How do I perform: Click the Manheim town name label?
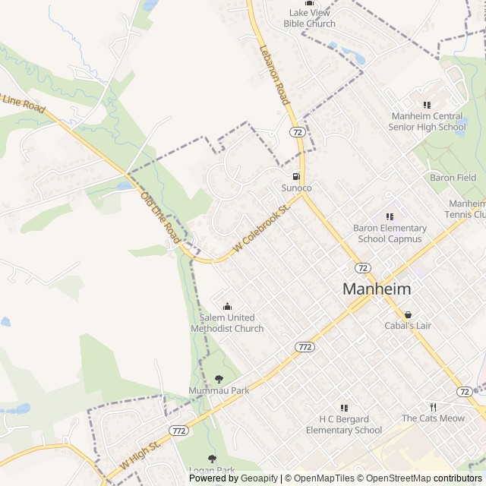click(377, 289)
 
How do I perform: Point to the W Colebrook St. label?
click(262, 229)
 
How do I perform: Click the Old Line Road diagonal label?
click(160, 218)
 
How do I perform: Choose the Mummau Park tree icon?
click(219, 378)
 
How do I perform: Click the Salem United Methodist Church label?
click(227, 323)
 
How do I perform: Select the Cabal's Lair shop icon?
click(408, 314)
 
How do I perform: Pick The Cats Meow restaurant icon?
click(432, 406)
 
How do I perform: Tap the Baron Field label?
click(453, 178)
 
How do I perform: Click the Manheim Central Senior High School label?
click(427, 121)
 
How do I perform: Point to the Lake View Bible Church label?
click(309, 18)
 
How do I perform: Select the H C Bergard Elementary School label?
click(344, 424)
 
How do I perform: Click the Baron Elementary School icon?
click(390, 216)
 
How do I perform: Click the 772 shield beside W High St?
click(179, 431)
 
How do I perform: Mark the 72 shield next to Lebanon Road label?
click(296, 132)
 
